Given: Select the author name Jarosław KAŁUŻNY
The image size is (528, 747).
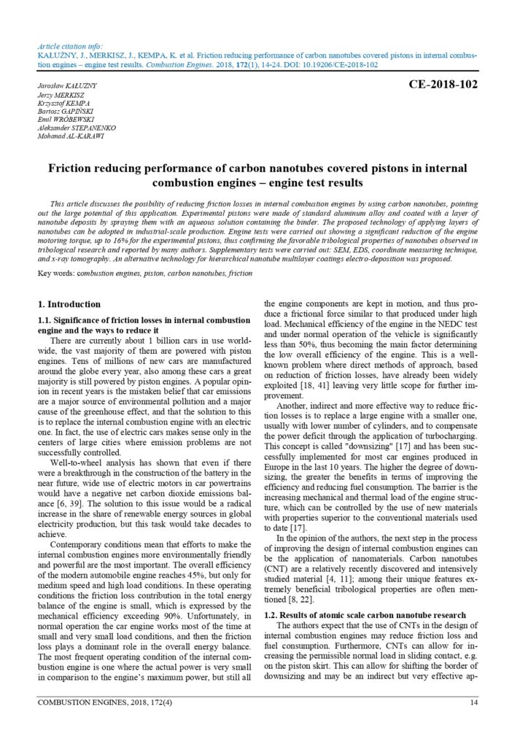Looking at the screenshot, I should (x=66, y=86).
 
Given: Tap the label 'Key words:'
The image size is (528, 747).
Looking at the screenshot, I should (x=56, y=273).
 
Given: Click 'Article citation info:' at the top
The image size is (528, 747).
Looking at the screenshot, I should (x=71, y=45).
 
